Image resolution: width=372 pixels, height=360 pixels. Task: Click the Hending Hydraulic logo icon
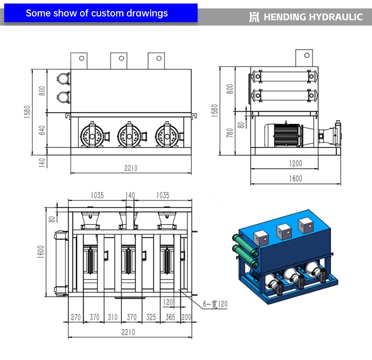tap(254, 17)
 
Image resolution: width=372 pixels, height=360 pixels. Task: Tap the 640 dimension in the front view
tap(42, 130)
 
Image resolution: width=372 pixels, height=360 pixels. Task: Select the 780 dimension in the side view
tap(230, 133)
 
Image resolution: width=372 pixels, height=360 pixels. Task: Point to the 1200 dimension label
tap(295, 163)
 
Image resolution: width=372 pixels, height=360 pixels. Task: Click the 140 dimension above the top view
tap(130, 195)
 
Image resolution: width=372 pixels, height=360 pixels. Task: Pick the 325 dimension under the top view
tap(151, 317)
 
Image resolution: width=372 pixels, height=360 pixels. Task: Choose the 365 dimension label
tap(170, 317)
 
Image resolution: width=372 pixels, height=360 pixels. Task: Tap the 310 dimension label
tap(112, 317)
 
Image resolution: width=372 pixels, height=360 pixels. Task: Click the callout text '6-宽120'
tap(215, 304)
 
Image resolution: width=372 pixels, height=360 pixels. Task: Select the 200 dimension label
tap(186, 317)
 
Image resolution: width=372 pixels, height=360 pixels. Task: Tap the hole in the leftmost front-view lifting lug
tap(82, 58)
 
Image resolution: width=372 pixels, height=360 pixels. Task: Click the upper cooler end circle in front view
tap(64, 79)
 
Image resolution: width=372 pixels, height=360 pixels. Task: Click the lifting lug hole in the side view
tap(307, 55)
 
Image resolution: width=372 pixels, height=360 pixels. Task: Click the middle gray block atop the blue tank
tap(284, 232)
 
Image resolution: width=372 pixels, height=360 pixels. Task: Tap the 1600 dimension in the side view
tap(295, 178)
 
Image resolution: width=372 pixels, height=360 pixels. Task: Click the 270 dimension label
tap(76, 317)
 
